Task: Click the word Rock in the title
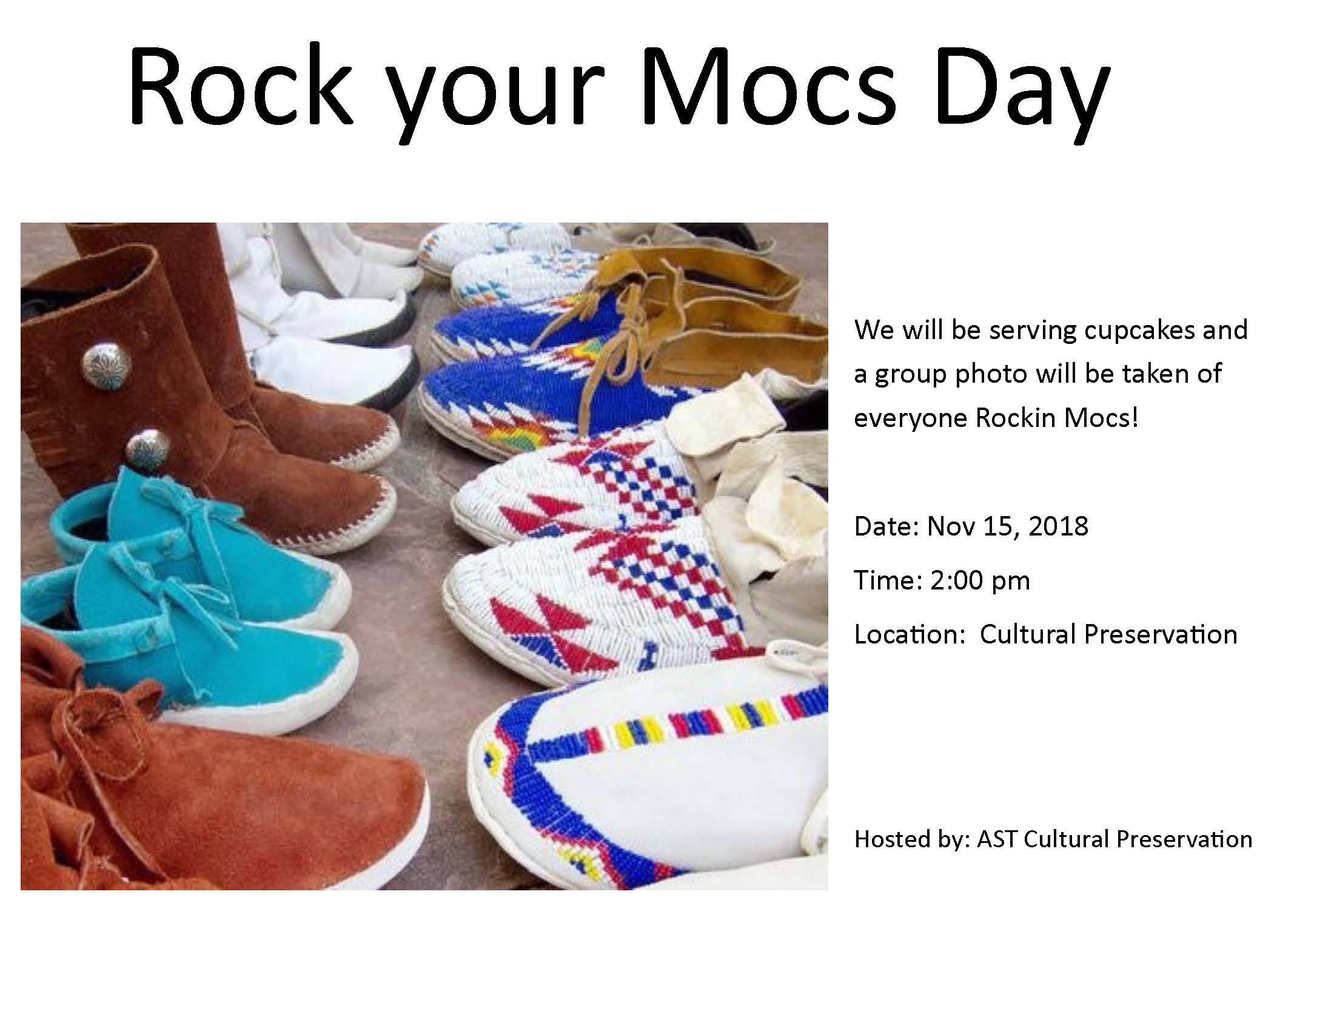click(x=240, y=86)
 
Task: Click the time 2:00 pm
click(x=980, y=581)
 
